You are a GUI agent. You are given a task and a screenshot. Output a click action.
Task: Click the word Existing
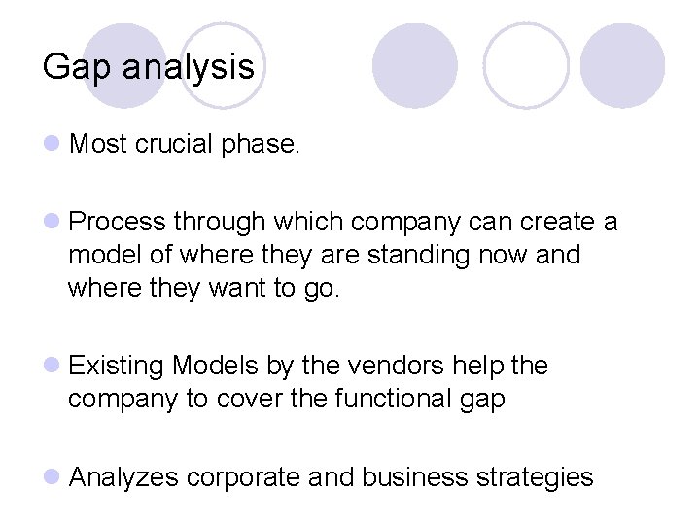point(117,367)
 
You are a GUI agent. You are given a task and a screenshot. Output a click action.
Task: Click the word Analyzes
point(123,477)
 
